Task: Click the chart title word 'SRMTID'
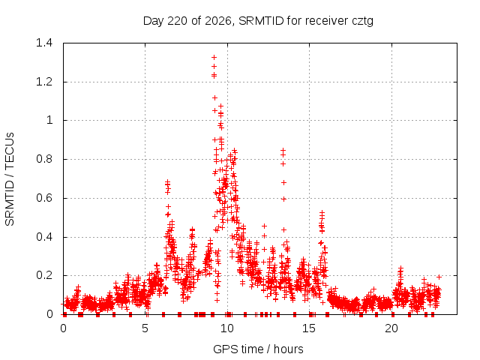tap(261, 21)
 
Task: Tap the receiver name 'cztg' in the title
tap(362, 22)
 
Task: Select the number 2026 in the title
tap(217, 21)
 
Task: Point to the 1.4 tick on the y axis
tap(44, 43)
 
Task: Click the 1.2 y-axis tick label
tap(44, 82)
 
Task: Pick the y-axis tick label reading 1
tap(49, 120)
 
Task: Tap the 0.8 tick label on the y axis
tap(44, 159)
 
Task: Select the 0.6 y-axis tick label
tap(44, 198)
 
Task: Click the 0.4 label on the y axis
tap(44, 237)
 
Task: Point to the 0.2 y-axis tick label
tap(44, 275)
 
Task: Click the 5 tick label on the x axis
tap(145, 328)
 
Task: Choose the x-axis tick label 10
tap(226, 328)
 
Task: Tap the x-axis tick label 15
tap(309, 328)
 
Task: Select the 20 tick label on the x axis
tap(391, 328)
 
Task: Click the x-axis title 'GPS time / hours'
tap(258, 349)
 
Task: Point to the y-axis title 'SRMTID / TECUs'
tap(10, 179)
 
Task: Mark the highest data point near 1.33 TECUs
tap(214, 57)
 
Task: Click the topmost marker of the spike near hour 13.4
tap(283, 150)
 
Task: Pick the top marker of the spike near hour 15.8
tap(322, 211)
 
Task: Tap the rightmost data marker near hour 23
tap(439, 277)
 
